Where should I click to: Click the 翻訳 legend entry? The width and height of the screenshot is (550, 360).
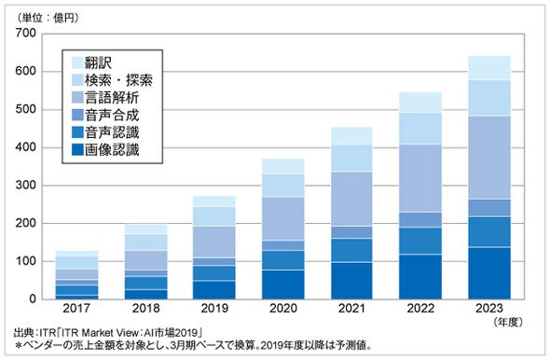click(91, 62)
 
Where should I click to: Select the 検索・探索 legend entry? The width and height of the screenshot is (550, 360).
click(112, 80)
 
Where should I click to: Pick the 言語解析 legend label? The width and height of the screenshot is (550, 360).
click(112, 98)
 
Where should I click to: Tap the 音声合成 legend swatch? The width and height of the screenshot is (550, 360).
click(77, 115)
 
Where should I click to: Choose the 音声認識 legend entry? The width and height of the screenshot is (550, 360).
click(105, 132)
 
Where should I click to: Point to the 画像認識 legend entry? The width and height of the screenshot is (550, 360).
click(105, 150)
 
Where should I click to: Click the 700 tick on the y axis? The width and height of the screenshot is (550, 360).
click(25, 33)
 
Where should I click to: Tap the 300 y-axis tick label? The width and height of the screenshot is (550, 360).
click(25, 186)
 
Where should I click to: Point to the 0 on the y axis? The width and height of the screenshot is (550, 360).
click(33, 299)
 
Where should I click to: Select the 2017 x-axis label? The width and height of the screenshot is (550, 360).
click(76, 309)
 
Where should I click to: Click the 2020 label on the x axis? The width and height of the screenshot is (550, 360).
click(283, 309)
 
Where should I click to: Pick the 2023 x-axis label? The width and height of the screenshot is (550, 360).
click(489, 309)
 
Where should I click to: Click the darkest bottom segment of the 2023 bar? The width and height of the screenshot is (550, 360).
click(489, 273)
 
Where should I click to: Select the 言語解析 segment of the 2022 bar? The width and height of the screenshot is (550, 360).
click(420, 178)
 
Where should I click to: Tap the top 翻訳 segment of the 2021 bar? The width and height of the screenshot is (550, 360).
click(351, 135)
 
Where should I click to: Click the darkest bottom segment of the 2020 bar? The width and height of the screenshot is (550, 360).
click(283, 284)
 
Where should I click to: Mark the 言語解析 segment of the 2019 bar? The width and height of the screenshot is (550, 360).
click(214, 242)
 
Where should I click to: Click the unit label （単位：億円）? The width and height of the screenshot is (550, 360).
click(47, 18)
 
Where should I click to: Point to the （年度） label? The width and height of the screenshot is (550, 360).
click(507, 322)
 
